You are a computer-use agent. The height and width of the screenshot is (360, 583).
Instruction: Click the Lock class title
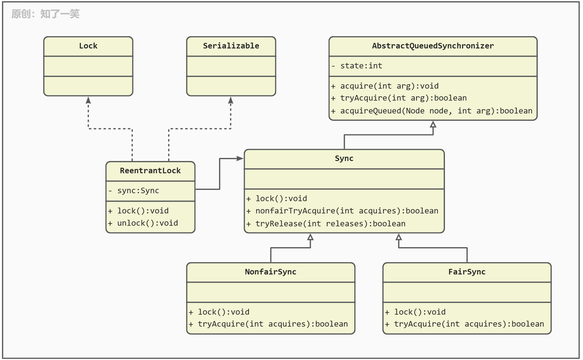point(88,46)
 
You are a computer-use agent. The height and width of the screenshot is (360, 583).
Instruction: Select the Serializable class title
point(231,46)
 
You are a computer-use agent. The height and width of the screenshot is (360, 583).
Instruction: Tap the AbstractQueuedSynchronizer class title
point(433,46)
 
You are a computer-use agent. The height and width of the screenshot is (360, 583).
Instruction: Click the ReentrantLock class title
point(150,171)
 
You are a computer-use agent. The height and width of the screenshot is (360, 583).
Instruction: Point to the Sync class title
point(344,159)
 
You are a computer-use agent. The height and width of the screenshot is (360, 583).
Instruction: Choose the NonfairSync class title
point(271,272)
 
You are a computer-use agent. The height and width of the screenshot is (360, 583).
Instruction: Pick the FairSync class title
point(467,272)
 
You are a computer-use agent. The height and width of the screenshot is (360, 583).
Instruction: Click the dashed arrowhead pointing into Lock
point(88,100)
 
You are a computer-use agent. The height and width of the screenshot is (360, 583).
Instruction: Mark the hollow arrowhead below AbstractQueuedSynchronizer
point(433,124)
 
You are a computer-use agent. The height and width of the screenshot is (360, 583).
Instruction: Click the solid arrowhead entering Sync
point(240,159)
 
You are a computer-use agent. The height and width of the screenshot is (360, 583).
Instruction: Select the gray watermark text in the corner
point(45,14)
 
